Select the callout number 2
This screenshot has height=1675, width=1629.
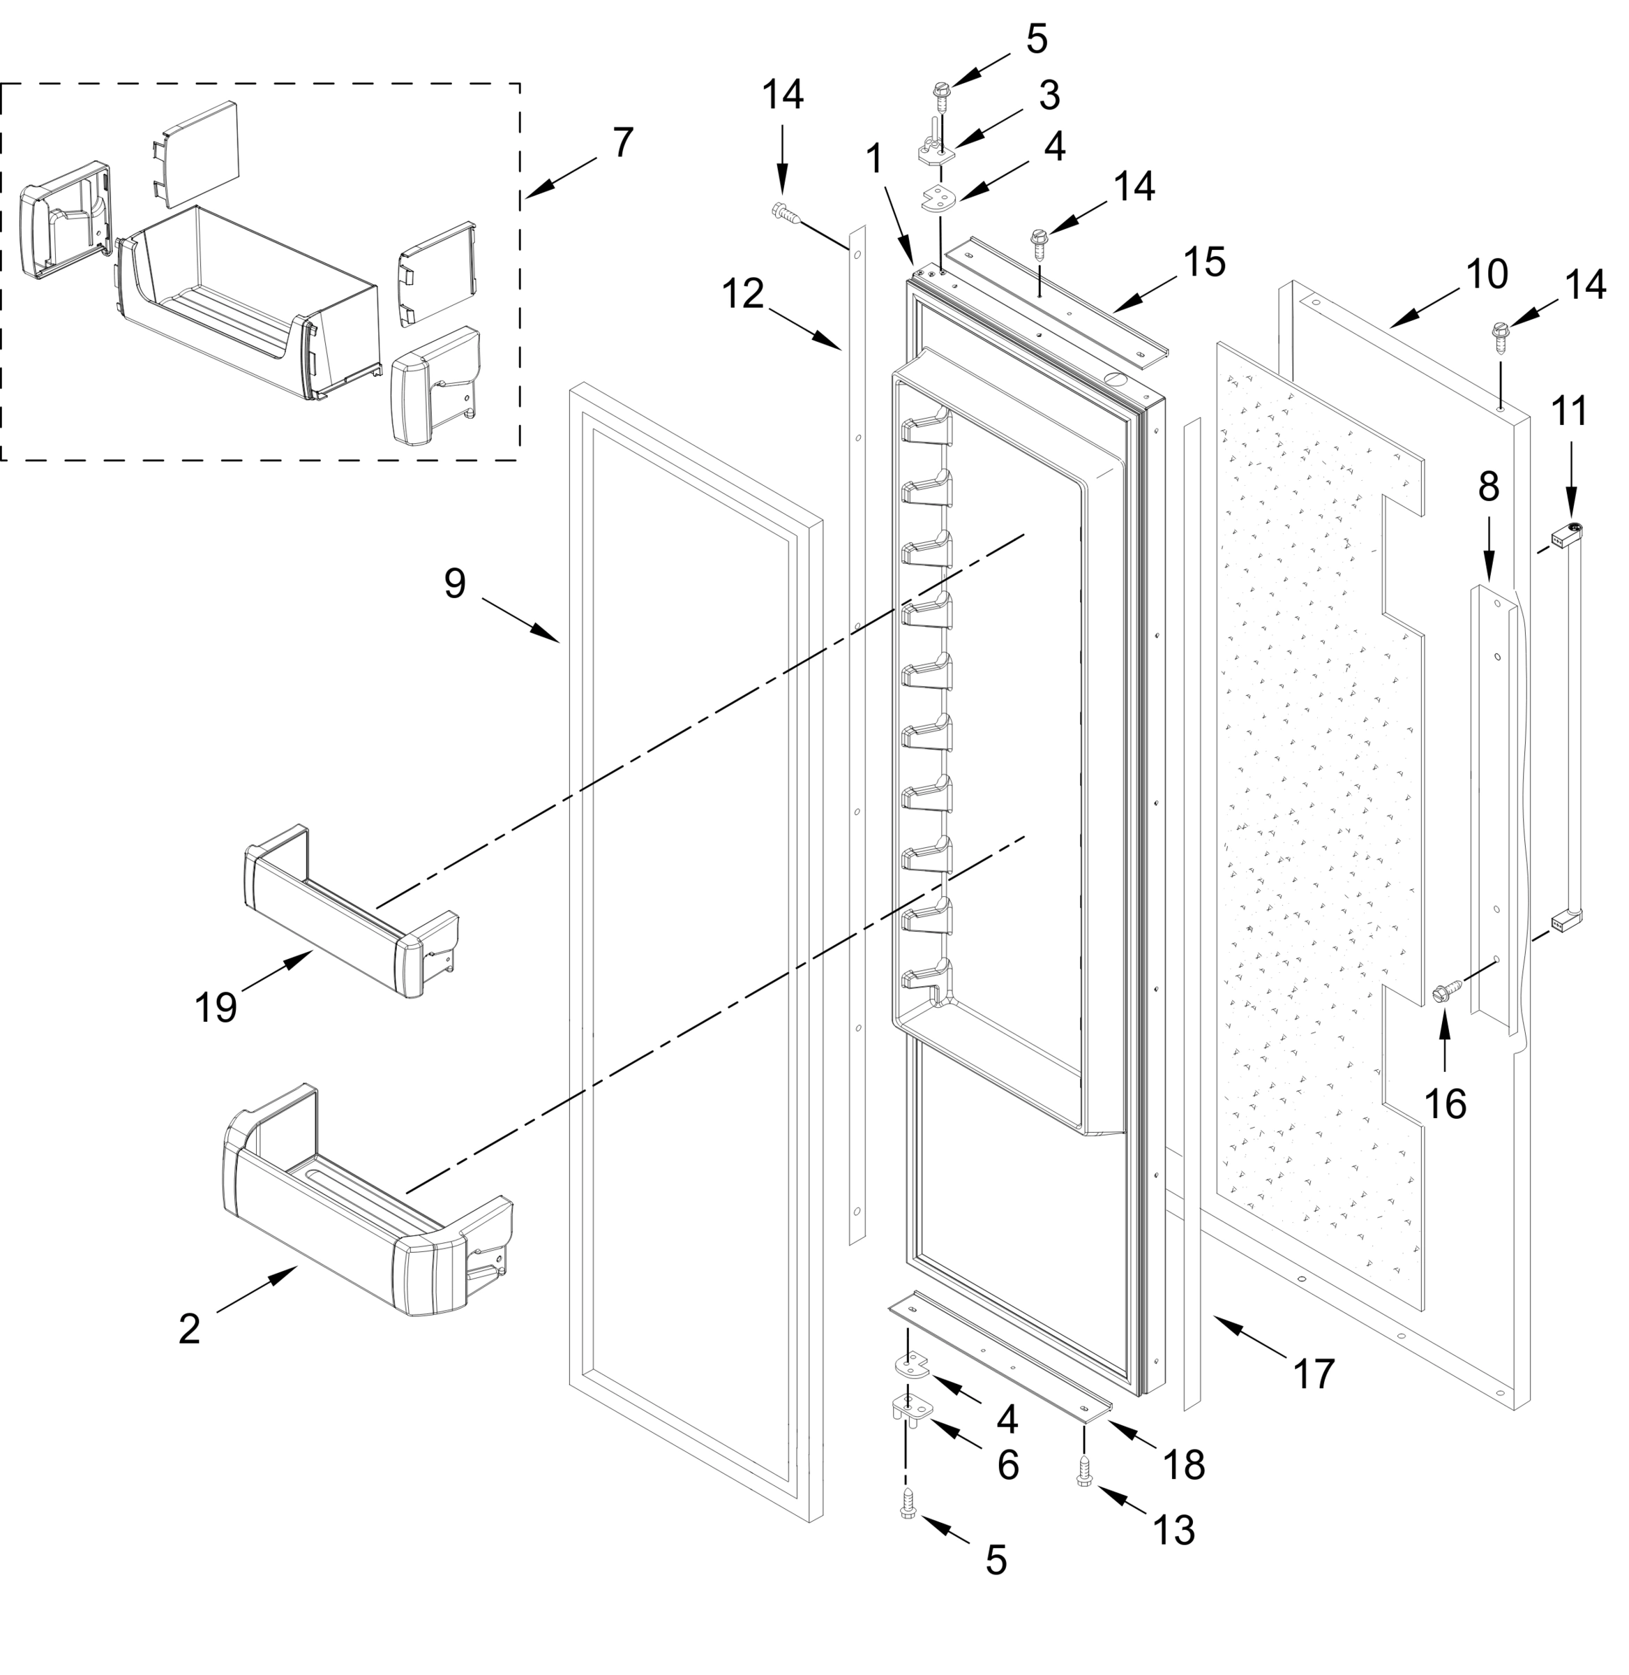(x=189, y=1327)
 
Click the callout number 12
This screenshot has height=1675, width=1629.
(x=742, y=294)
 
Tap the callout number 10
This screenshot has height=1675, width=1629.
(x=1487, y=274)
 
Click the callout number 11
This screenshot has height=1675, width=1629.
(x=1570, y=412)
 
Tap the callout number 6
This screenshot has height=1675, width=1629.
(x=1009, y=1466)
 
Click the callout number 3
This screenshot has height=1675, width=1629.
(x=1049, y=96)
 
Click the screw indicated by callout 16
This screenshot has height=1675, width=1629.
(x=1445, y=993)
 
